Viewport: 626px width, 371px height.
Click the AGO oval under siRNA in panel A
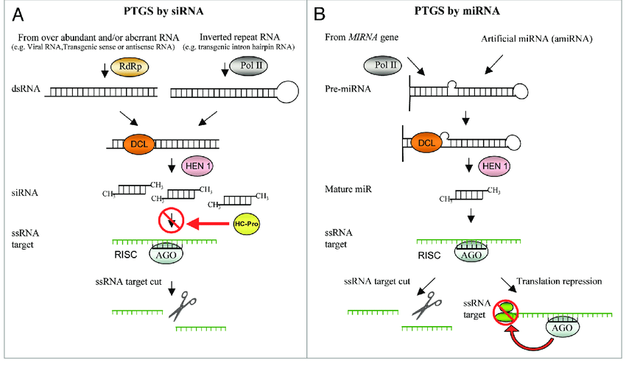pos(166,254)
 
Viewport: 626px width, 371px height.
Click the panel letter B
pos(321,14)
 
